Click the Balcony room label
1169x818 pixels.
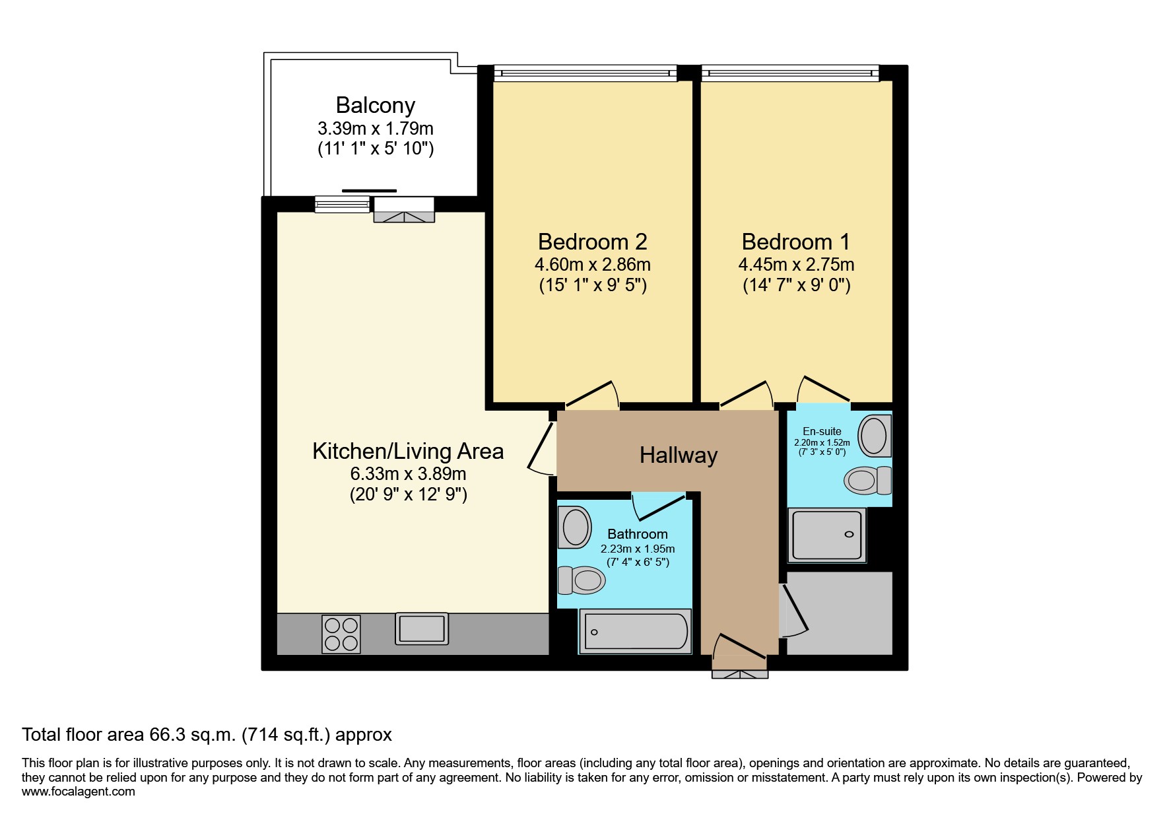click(x=375, y=105)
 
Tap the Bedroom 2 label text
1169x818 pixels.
click(x=592, y=242)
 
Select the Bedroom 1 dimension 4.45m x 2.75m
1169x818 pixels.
click(x=796, y=265)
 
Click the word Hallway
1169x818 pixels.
click(x=679, y=456)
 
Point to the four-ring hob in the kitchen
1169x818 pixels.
click(x=341, y=634)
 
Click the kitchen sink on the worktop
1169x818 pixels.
click(x=422, y=629)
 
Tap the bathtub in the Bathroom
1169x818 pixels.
click(x=636, y=631)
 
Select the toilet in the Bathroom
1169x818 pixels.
click(x=582, y=580)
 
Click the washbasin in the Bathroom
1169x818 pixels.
click(x=574, y=528)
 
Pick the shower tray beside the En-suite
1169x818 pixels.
click(x=827, y=535)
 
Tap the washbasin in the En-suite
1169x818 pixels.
click(x=875, y=435)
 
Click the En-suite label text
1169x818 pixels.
click(x=822, y=431)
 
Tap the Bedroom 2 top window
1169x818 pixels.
click(x=585, y=73)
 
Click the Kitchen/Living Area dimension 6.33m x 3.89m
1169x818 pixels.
click(x=408, y=474)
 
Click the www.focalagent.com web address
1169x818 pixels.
click(x=79, y=792)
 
